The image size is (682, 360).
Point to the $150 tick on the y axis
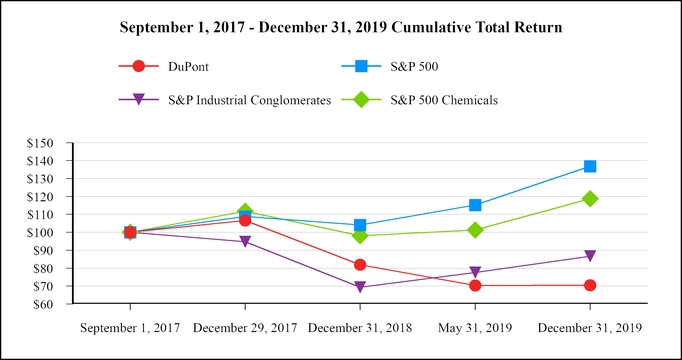[43, 143]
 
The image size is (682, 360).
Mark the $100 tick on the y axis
[43, 232]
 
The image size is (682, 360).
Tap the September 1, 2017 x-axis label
[130, 327]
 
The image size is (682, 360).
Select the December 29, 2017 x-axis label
[245, 327]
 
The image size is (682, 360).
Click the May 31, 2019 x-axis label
[475, 327]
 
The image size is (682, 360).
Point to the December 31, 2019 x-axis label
[590, 327]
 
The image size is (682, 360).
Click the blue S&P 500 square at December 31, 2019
[590, 166]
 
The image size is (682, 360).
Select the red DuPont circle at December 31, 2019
[590, 285]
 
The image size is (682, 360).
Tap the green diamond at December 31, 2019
[590, 199]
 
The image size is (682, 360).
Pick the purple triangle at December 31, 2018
[360, 287]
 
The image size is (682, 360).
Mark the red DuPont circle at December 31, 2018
[360, 265]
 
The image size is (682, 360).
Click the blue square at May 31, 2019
[475, 205]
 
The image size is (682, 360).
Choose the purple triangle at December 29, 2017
[245, 242]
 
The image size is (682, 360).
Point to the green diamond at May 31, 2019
[475, 230]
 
